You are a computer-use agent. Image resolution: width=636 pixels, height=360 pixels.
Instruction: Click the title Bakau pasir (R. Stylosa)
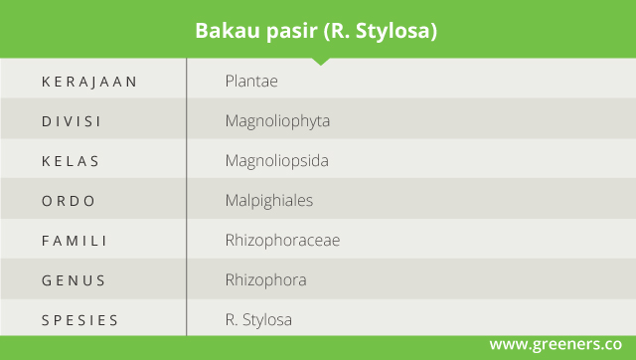[x=316, y=31]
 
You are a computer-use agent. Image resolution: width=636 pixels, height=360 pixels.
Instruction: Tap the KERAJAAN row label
[x=89, y=82]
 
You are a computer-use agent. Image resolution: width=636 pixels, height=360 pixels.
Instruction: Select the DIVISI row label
[x=71, y=121]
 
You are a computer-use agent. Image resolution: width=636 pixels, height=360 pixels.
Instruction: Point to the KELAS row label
[x=71, y=161]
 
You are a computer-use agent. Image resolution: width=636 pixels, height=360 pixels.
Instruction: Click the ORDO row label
[x=69, y=201]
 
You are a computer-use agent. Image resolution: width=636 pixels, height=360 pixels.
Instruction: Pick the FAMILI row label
[x=74, y=241]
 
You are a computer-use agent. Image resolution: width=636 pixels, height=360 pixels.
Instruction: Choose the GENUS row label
[x=74, y=280]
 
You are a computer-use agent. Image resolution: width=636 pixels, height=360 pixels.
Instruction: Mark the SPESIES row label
[x=79, y=320]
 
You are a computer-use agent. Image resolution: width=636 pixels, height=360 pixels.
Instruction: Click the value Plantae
[x=251, y=82]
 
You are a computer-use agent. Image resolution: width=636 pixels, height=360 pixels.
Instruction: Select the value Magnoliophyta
[x=277, y=121]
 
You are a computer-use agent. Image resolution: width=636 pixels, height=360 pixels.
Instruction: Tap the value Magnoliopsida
[x=277, y=161]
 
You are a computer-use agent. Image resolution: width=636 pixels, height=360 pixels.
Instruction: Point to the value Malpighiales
[x=269, y=201]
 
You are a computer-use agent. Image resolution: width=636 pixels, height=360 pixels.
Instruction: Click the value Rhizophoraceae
[x=282, y=241]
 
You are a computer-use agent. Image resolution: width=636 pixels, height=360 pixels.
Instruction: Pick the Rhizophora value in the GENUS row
[x=266, y=280]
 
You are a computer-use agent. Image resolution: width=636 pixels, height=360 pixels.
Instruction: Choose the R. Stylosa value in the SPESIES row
[x=258, y=320]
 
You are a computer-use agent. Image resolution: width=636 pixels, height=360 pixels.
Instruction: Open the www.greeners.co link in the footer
[x=556, y=344]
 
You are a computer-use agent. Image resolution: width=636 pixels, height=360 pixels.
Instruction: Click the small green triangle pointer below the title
[x=321, y=62]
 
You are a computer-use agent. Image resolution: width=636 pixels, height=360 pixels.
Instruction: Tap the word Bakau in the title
[x=228, y=31]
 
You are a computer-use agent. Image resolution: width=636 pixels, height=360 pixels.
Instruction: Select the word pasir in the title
[x=291, y=31]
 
